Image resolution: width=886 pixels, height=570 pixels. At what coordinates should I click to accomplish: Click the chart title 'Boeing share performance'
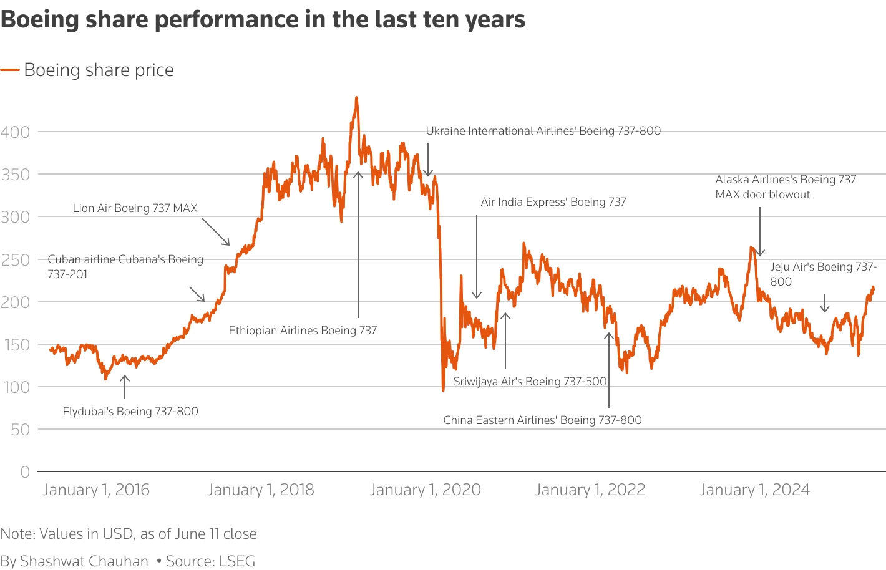[263, 19]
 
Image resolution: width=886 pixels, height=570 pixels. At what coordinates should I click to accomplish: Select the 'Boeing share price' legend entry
[99, 70]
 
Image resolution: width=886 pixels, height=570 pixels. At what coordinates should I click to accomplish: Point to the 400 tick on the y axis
[15, 132]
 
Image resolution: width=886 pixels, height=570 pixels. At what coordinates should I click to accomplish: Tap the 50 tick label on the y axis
[20, 429]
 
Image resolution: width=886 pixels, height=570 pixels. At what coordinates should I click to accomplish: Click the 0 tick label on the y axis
[25, 472]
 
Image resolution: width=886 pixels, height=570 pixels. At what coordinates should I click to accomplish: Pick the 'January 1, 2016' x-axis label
[96, 490]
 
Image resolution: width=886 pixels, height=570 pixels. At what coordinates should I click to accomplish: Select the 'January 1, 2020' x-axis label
[425, 490]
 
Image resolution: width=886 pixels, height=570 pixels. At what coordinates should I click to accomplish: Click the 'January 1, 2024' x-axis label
[754, 490]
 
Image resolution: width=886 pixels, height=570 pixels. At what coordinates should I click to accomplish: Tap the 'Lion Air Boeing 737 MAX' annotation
[135, 208]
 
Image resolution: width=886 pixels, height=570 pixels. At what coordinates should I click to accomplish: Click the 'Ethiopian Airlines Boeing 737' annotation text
[303, 331]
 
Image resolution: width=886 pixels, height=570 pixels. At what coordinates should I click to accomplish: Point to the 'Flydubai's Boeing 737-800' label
[130, 412]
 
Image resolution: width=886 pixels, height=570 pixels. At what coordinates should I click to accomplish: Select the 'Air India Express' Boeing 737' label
[553, 202]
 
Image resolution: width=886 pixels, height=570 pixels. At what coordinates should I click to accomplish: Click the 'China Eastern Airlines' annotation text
[542, 420]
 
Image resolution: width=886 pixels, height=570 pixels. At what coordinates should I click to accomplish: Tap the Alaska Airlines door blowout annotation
[786, 187]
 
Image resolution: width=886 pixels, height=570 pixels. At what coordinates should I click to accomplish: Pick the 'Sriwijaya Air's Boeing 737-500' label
[530, 382]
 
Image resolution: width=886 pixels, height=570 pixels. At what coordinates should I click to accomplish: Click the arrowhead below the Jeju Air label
[825, 309]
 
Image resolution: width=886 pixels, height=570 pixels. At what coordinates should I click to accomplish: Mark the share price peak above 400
[356, 98]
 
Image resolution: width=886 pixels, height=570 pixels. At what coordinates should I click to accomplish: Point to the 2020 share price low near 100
[443, 390]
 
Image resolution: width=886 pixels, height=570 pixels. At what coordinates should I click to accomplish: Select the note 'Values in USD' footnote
[129, 534]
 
